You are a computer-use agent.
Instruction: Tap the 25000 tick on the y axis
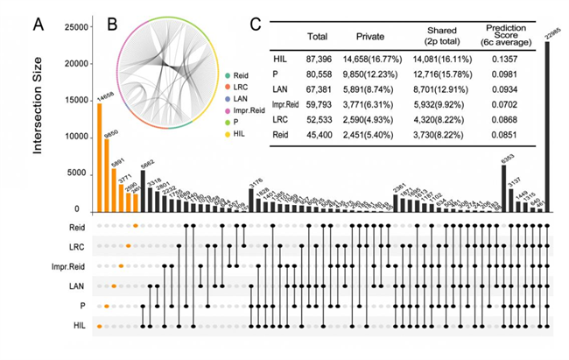76,28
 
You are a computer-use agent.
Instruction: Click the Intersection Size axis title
39,117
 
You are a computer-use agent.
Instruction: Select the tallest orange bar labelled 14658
100,157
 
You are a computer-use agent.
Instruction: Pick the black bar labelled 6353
504,187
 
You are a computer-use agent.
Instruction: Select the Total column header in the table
317,38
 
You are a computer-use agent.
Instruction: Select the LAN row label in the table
281,90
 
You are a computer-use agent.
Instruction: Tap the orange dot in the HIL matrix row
99,326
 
